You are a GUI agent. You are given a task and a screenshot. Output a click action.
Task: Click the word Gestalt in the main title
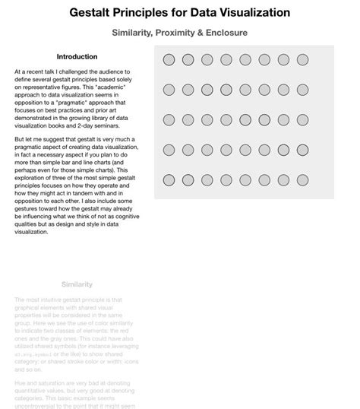point(93,12)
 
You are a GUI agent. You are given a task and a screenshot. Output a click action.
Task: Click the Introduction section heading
point(77,57)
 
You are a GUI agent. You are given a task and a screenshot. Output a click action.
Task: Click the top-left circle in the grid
point(169,59)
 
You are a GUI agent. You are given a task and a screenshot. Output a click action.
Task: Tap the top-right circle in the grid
point(302,59)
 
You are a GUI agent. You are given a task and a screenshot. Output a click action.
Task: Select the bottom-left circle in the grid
point(169,179)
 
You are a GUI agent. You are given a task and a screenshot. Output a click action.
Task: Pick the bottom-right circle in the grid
point(302,179)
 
